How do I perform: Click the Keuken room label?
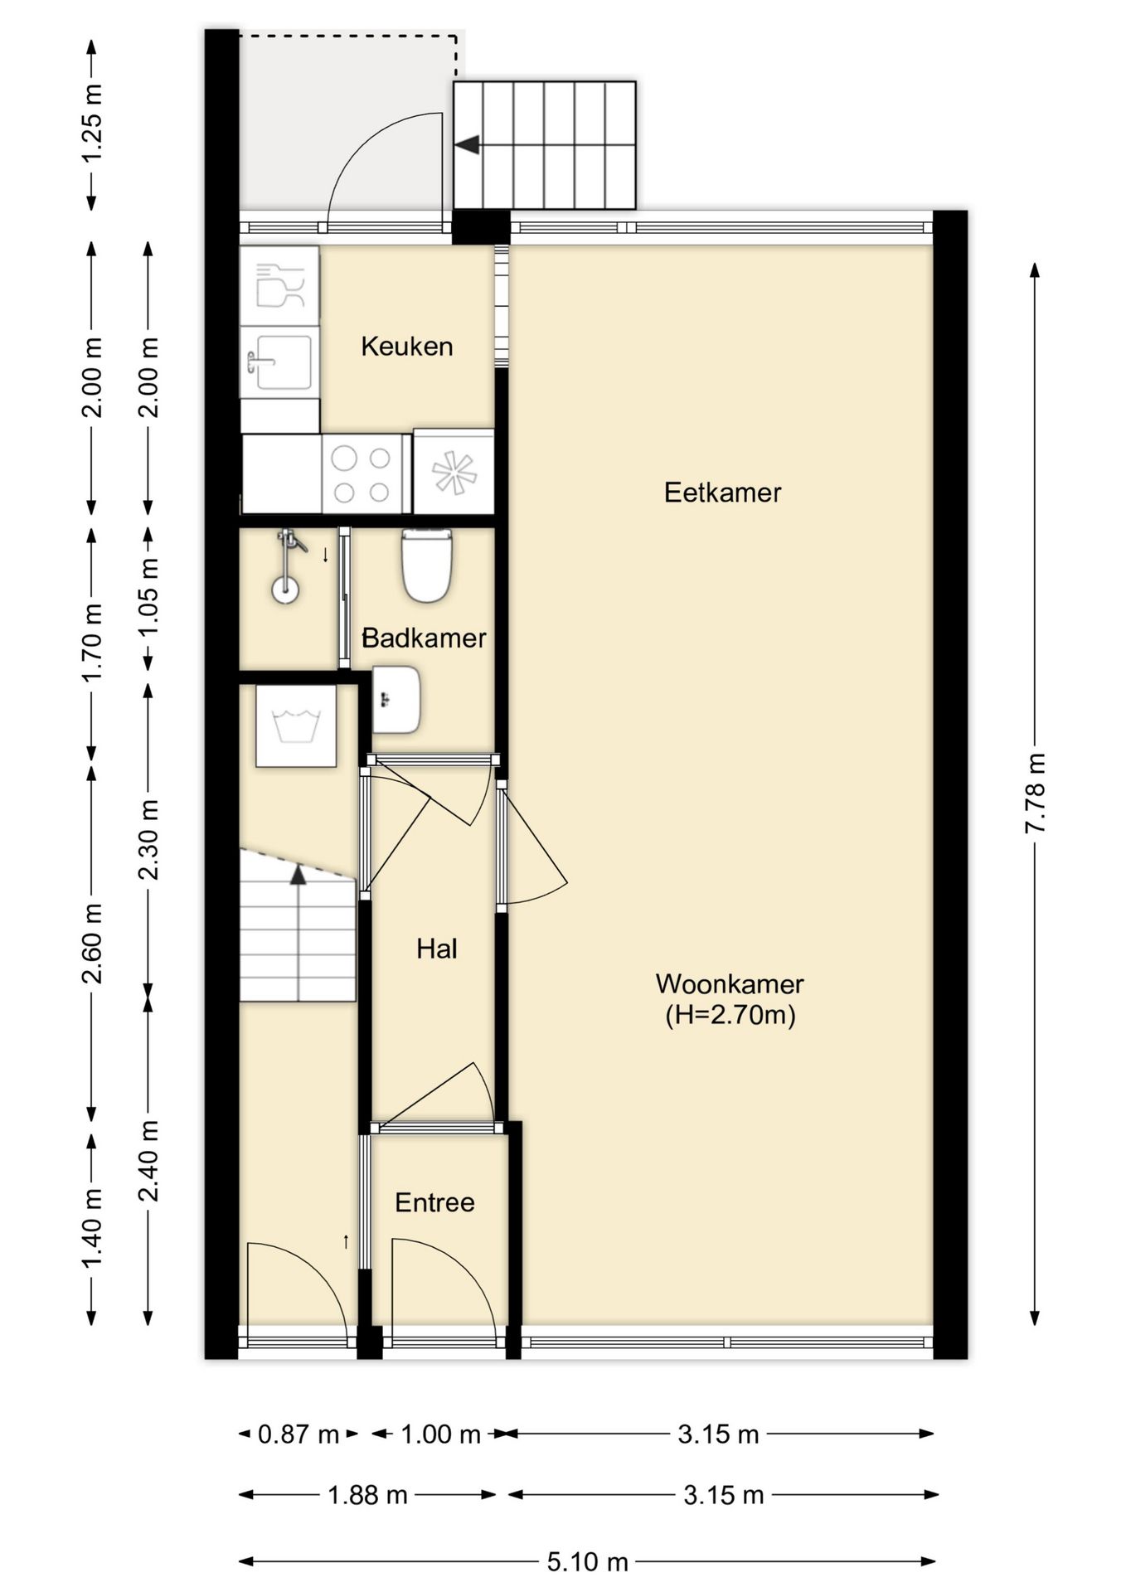click(x=406, y=346)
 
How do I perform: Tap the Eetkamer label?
click(x=722, y=493)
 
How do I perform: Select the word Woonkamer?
click(x=730, y=984)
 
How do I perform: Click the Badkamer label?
click(x=424, y=638)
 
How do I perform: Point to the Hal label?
click(x=436, y=949)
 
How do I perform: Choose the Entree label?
click(x=434, y=1202)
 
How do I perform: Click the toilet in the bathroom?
click(x=427, y=565)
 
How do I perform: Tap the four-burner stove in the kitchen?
click(x=362, y=475)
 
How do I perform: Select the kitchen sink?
click(x=279, y=362)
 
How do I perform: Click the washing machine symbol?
click(x=296, y=726)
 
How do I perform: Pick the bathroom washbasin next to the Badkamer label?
click(x=396, y=700)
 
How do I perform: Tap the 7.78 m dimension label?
click(x=1034, y=794)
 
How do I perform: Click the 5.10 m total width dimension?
click(x=587, y=1562)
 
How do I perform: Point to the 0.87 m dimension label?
click(x=298, y=1434)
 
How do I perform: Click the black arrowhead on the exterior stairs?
click(x=468, y=144)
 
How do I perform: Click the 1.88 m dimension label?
click(x=367, y=1495)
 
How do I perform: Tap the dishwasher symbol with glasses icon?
click(x=279, y=285)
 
